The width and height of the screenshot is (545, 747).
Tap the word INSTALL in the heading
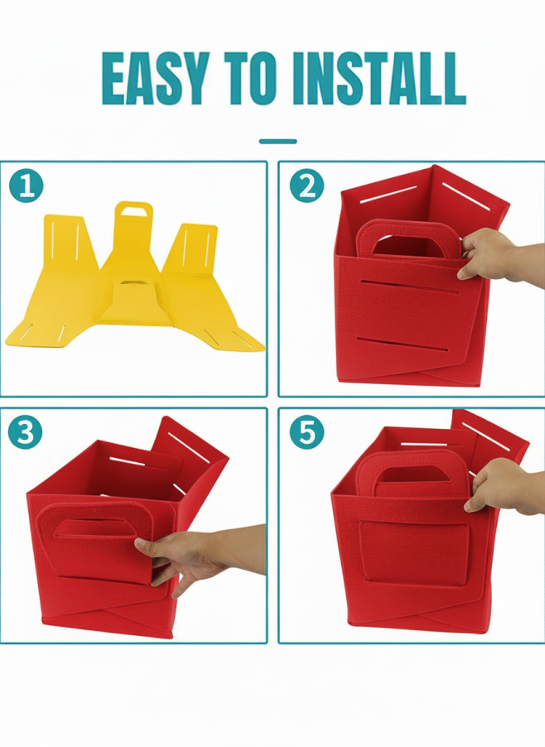(x=379, y=78)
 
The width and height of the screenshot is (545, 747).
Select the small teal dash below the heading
(x=277, y=141)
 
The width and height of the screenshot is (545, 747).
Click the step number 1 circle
(x=26, y=186)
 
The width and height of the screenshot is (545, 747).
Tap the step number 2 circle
(x=306, y=186)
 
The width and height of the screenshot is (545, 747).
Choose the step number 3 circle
(x=25, y=432)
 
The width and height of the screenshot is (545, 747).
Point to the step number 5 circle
(x=306, y=432)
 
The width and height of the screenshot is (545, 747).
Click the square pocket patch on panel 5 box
(x=413, y=554)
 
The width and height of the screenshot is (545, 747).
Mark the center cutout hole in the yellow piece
(x=129, y=282)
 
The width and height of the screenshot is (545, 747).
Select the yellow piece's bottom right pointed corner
(x=263, y=349)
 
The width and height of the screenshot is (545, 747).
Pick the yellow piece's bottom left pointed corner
(x=7, y=342)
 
